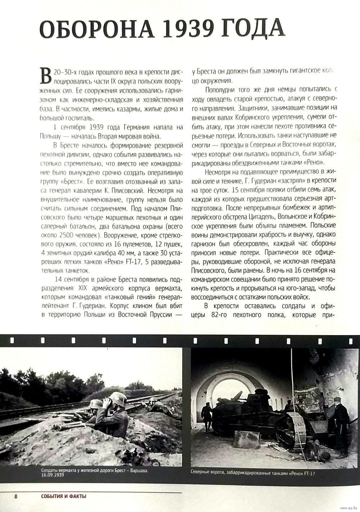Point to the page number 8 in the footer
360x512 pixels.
click(x=16, y=496)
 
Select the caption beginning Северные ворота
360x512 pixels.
click(x=252, y=473)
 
